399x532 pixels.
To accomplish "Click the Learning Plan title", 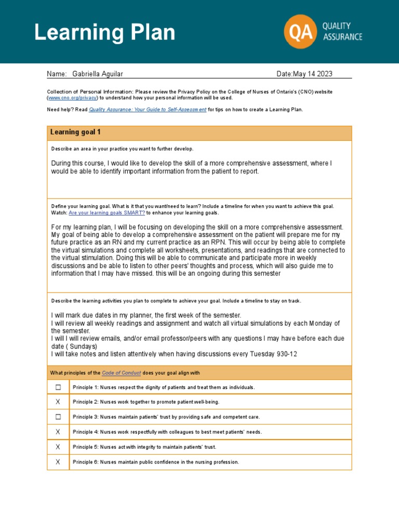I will click(104, 32).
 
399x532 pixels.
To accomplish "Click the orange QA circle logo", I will click(300, 31).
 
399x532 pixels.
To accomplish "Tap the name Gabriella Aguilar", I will click(98, 74).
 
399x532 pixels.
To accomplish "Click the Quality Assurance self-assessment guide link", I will click(148, 110).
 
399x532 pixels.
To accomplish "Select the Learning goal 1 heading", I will click(75, 132).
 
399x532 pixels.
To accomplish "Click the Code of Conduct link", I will click(121, 373).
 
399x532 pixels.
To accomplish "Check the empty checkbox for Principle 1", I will click(58, 387).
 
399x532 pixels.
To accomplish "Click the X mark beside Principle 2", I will click(58, 402).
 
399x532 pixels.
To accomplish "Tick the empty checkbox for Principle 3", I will click(58, 417).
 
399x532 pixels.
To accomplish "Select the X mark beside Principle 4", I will click(58, 432).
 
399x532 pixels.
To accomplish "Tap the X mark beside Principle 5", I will click(58, 447).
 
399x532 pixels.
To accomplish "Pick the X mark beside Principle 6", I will click(58, 462).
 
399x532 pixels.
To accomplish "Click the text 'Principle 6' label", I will click(85, 462).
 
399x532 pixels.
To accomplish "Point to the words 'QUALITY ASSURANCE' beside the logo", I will click(342, 31).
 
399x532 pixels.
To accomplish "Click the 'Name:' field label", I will click(57, 74).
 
